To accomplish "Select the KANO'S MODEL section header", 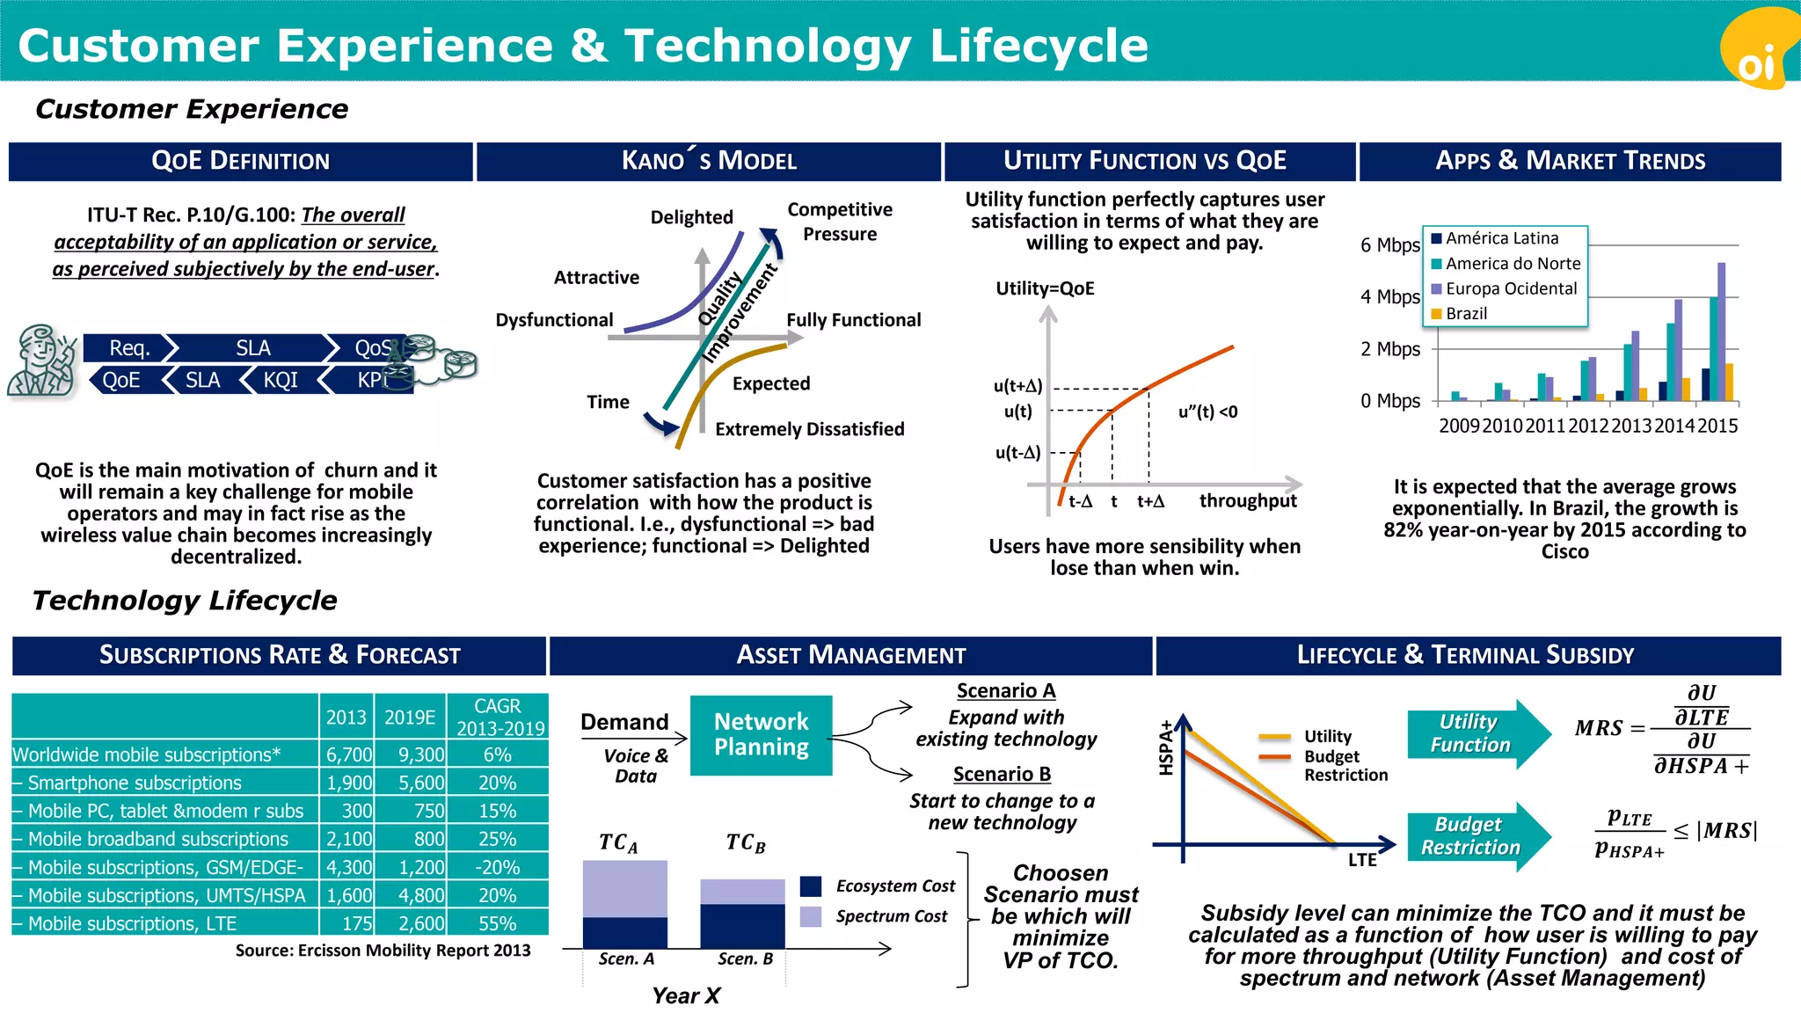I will pyautogui.click(x=709, y=161).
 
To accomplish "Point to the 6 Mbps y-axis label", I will pyautogui.click(x=1389, y=245).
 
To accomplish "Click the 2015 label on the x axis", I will pyautogui.click(x=1717, y=426).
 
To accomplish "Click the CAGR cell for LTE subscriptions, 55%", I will pyautogui.click(x=497, y=923).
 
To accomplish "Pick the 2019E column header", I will pyautogui.click(x=410, y=718).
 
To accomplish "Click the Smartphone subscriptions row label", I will pyautogui.click(x=134, y=783).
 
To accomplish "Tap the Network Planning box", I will pyautogui.click(x=761, y=735).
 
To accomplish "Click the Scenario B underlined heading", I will pyautogui.click(x=1002, y=774).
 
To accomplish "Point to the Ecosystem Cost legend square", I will pyautogui.click(x=811, y=885).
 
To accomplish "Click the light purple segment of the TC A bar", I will pyautogui.click(x=624, y=888).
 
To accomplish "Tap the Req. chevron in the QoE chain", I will pyautogui.click(x=128, y=348).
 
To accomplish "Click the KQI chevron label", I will pyautogui.click(x=281, y=381).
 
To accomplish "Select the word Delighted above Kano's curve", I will pyautogui.click(x=691, y=217).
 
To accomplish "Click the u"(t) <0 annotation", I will pyautogui.click(x=1207, y=412).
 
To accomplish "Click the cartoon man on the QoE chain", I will pyautogui.click(x=40, y=361).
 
